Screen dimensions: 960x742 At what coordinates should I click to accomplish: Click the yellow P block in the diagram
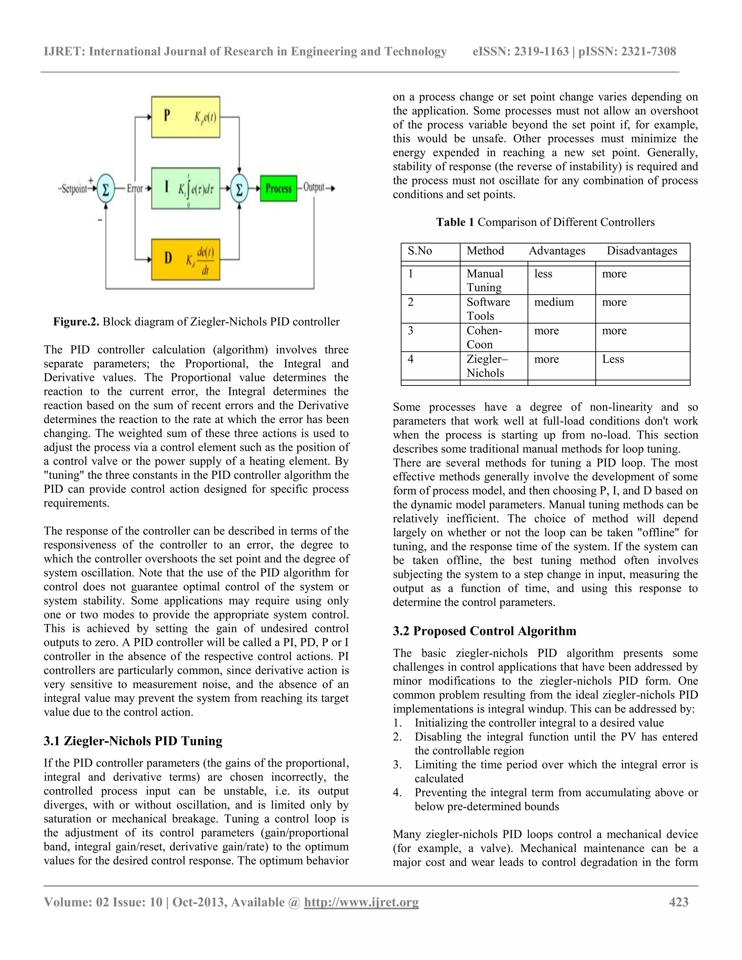tap(185, 117)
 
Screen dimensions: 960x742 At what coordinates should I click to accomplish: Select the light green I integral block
tap(185, 188)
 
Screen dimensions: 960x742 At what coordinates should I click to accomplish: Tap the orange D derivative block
tap(185, 259)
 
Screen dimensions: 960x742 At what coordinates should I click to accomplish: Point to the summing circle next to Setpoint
tap(105, 189)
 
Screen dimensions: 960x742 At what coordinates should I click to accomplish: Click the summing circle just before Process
tap(239, 189)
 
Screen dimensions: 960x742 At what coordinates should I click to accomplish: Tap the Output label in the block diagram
tap(314, 188)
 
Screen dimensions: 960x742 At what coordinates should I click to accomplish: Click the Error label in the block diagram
tap(135, 189)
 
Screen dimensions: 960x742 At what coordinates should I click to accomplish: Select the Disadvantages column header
tap(642, 251)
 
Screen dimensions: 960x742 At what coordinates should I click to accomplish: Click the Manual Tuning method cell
tap(485, 280)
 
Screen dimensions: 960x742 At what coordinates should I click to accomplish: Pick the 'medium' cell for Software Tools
tap(554, 302)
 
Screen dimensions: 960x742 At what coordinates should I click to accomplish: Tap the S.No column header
tap(420, 251)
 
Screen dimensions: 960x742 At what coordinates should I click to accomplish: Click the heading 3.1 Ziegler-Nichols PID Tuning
tap(133, 741)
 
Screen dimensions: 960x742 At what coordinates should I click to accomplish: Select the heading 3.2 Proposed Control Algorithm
tap(484, 631)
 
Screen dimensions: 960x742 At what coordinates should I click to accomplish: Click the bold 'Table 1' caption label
tap(455, 222)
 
